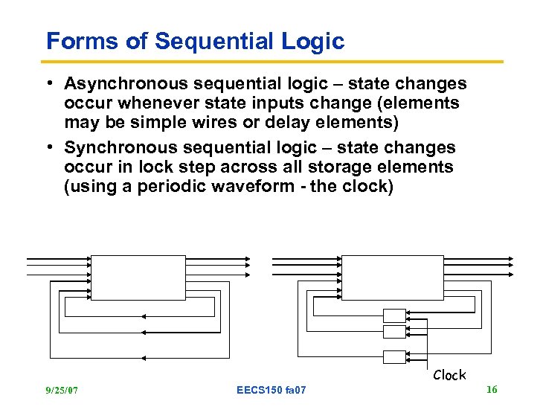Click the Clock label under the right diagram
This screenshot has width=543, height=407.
click(449, 375)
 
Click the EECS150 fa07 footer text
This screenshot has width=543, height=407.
click(271, 390)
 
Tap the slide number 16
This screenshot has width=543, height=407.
click(491, 389)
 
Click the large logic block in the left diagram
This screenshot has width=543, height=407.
click(138, 278)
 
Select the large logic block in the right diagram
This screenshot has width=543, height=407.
click(388, 278)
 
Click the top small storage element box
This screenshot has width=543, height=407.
click(394, 315)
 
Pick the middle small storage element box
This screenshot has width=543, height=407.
click(394, 332)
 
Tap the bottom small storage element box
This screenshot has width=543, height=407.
click(394, 356)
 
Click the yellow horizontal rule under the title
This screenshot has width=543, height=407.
click(274, 62)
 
